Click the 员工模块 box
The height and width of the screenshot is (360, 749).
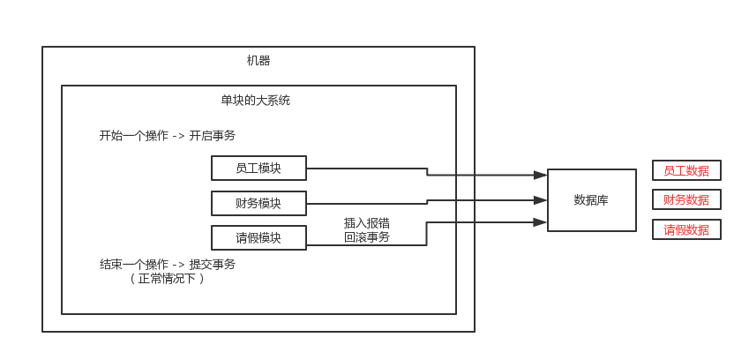tap(258, 168)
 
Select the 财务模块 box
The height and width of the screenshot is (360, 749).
tap(258, 203)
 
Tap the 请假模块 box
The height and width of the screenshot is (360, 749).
tap(258, 237)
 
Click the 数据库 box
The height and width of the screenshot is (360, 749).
tap(591, 200)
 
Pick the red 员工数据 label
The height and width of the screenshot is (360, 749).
tap(686, 170)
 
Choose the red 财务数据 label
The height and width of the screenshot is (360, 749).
tap(686, 199)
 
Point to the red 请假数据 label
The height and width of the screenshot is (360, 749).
tap(686, 229)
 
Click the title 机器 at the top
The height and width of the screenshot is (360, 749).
tap(258, 61)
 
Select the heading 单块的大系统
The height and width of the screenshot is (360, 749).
tap(255, 101)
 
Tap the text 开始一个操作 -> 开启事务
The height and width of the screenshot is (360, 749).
tap(167, 136)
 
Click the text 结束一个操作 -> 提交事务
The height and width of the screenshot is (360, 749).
tap(167, 264)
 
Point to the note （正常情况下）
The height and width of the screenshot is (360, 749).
tap(167, 279)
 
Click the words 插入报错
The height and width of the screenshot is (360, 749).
tap(366, 223)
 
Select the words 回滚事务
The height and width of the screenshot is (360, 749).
tap(366, 237)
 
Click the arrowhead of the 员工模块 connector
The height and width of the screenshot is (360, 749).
tap(540, 175)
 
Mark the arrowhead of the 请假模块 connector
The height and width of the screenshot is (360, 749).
tap(540, 221)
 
